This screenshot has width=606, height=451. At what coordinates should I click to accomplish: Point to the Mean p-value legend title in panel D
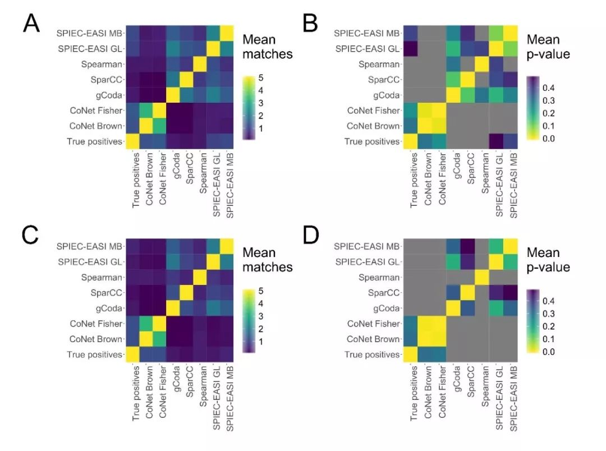point(548,260)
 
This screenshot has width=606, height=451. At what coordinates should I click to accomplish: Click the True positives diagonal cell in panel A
point(133,141)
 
